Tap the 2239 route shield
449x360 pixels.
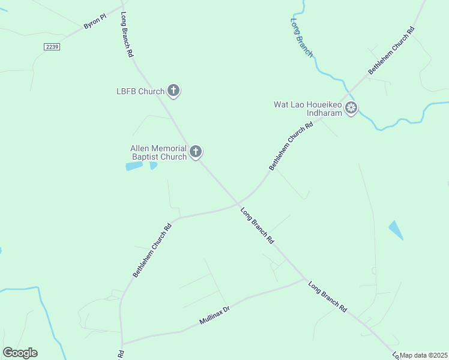pos(52,46)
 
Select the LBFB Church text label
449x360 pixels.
pos(140,92)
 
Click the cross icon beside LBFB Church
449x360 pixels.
pos(173,91)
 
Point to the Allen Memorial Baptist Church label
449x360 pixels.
pos(159,153)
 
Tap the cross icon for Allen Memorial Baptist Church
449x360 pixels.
pos(196,152)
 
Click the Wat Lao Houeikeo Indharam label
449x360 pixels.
pos(307,109)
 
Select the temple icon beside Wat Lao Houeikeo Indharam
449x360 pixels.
pos(351,109)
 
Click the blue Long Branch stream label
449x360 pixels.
pos(301,37)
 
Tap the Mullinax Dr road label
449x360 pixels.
pos(214,317)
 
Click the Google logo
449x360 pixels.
pos(20,353)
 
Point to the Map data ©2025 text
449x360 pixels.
pos(424,355)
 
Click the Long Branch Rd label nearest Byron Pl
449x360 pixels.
pos(127,34)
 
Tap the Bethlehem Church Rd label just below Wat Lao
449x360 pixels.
pos(292,146)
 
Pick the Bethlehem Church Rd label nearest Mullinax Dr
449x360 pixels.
pos(152,250)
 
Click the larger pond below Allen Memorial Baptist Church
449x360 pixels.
pos(134,166)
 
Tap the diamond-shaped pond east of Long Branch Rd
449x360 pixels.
pos(396,230)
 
